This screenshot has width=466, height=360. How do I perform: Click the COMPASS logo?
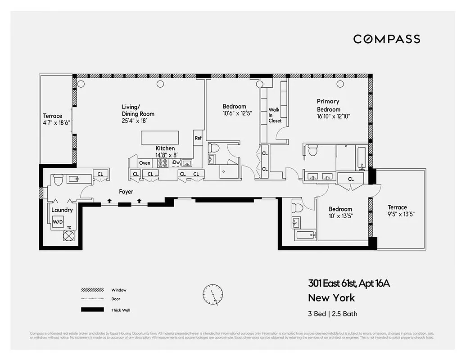tap(386, 39)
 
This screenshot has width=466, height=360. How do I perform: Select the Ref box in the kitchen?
tap(198, 138)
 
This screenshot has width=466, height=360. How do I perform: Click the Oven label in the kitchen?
tap(145, 163)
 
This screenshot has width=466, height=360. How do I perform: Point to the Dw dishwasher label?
tap(176, 163)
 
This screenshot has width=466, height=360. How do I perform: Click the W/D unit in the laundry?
tap(58, 221)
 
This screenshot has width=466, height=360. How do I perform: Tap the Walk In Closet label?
tap(274, 115)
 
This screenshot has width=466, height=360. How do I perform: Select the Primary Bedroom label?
tap(328, 105)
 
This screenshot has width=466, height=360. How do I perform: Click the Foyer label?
tap(126, 192)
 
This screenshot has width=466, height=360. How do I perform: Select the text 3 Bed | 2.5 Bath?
tap(333, 314)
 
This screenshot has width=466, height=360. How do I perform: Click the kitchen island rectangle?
tap(160, 137)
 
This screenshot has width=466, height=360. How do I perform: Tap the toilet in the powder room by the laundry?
tap(58, 180)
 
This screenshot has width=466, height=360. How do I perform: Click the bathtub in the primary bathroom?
tap(362, 157)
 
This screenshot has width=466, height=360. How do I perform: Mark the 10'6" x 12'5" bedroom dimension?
tap(237, 113)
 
